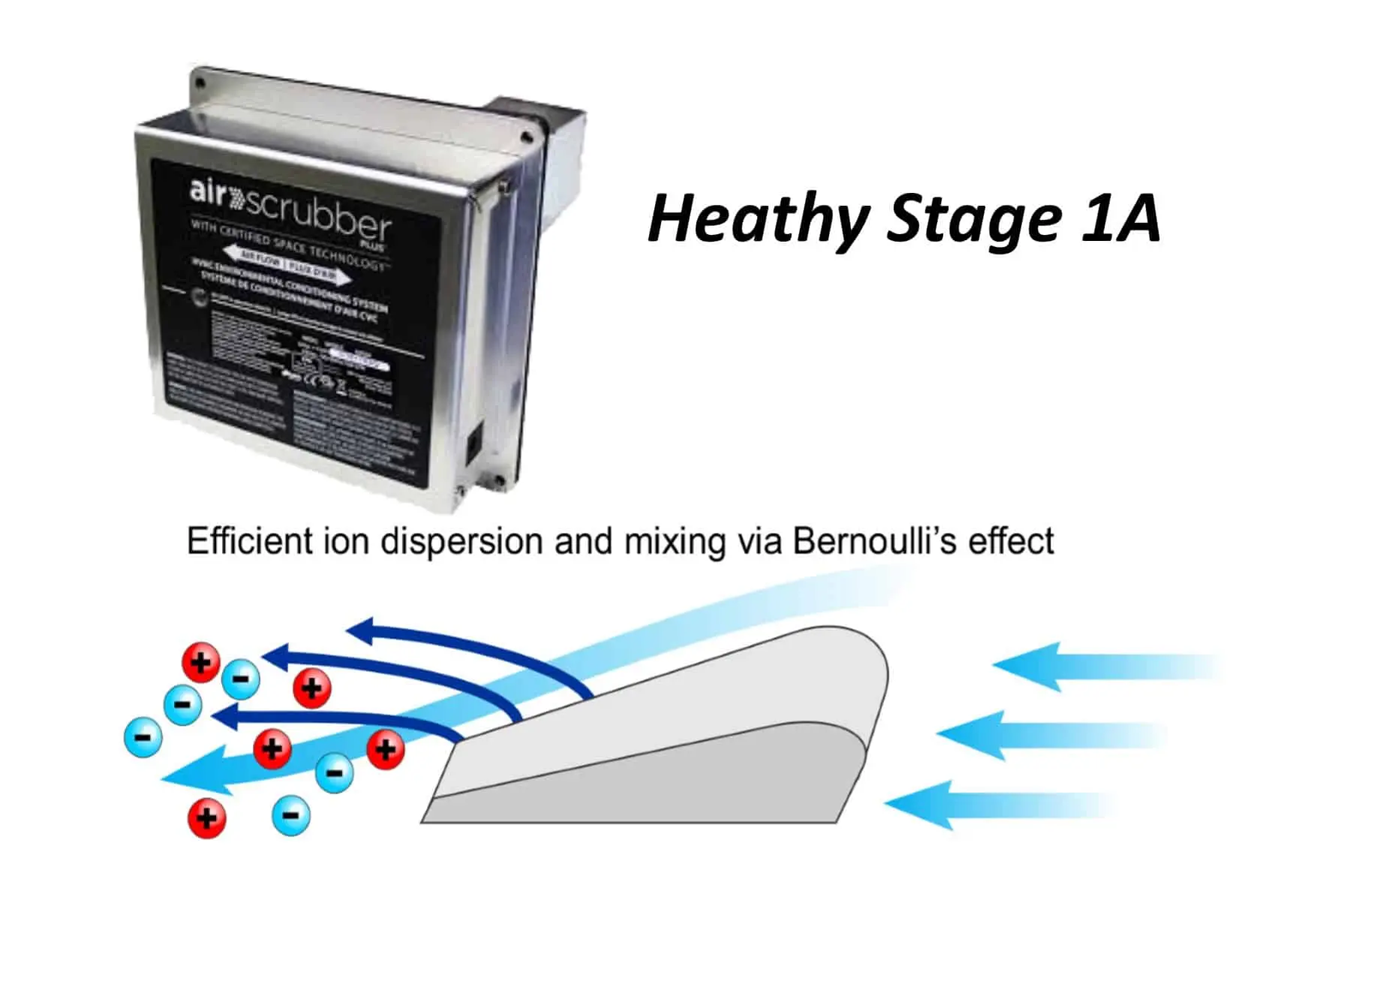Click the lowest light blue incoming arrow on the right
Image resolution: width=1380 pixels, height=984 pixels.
[x=998, y=805]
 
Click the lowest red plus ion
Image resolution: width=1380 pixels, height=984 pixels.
[x=207, y=817]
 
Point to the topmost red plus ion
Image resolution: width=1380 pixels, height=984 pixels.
[x=201, y=663]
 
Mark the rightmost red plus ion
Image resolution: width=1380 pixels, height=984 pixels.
[x=386, y=748]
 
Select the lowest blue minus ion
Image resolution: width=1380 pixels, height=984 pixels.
[x=291, y=815]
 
